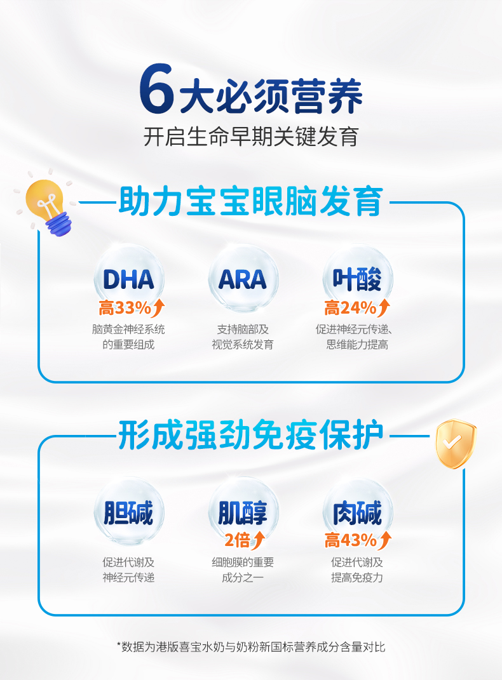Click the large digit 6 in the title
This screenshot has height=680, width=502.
tap(156, 88)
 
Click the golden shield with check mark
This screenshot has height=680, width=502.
tap(455, 444)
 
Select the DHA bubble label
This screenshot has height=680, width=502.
tap(128, 279)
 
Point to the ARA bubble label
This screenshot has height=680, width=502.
tap(243, 279)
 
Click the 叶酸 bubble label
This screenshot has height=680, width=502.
tap(356, 279)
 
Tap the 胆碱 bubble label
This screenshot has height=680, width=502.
tap(128, 512)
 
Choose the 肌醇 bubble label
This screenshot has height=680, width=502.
tap(243, 512)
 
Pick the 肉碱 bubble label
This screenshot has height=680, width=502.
tap(356, 512)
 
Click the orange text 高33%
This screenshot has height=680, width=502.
tap(125, 308)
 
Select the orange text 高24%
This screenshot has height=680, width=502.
tap(350, 308)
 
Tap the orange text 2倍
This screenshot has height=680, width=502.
tap(237, 540)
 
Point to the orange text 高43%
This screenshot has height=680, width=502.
tap(351, 540)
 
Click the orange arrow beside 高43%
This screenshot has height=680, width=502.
tap(384, 540)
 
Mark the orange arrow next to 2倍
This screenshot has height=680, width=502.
tap(258, 540)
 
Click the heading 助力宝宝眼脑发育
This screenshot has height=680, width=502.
tap(251, 201)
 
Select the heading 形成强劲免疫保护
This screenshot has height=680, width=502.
tap(251, 434)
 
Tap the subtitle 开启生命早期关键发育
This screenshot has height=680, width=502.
tap(251, 136)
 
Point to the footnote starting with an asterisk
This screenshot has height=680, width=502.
tap(251, 647)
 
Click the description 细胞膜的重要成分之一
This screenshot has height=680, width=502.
tap(243, 570)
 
